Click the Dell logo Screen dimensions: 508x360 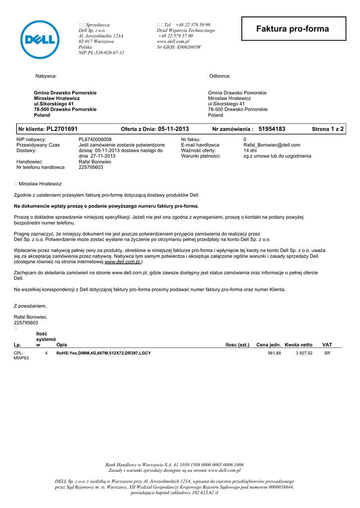[x=39, y=40]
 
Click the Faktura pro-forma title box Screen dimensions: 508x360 [x=292, y=29]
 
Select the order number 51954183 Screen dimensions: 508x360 [x=272, y=129]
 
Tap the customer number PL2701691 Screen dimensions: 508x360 [x=62, y=129]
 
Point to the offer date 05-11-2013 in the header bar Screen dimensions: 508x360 [x=173, y=129]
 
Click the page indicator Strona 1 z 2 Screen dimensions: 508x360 [x=328, y=129]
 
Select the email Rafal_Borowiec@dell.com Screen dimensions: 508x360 [x=272, y=145]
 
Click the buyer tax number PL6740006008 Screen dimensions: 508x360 [x=95, y=139]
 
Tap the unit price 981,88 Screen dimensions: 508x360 [x=274, y=353]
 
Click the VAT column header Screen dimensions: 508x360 [x=327, y=345]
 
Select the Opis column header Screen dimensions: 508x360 [x=62, y=345]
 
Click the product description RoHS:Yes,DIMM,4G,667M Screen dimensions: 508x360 [x=104, y=353]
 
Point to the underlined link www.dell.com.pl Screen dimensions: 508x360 [x=123, y=261]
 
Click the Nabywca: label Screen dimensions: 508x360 [x=46, y=76]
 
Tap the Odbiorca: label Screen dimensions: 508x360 [x=220, y=76]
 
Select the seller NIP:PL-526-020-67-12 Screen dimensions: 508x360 [x=101, y=53]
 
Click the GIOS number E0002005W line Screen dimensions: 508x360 [x=179, y=47]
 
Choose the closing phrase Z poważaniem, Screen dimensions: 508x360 [x=30, y=306]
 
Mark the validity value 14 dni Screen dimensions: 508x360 [x=250, y=150]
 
